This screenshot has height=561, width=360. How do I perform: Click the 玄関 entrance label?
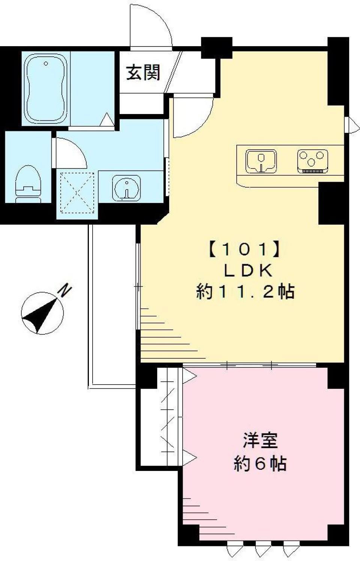[x=143, y=72]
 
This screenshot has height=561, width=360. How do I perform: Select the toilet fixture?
[x=28, y=184]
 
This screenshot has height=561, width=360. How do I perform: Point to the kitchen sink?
[x=261, y=161]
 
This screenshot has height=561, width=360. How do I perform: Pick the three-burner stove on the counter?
[x=312, y=160]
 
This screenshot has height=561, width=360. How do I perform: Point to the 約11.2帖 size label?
[x=246, y=292]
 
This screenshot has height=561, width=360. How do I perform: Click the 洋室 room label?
[x=260, y=441]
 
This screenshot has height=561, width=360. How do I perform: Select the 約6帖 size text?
[x=260, y=464]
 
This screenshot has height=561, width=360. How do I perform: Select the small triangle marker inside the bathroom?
[x=107, y=120]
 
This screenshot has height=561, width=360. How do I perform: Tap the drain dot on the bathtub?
[x=46, y=64]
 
